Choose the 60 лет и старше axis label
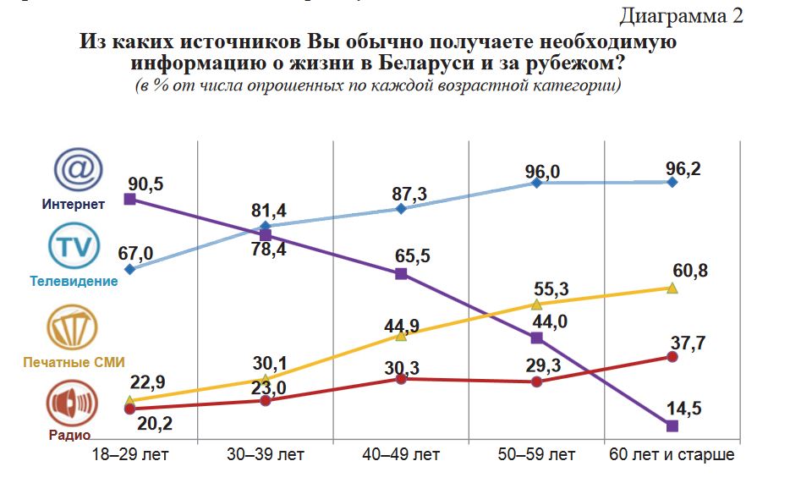672,455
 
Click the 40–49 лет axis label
402,455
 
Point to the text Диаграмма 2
682,16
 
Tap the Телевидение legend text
74,281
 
